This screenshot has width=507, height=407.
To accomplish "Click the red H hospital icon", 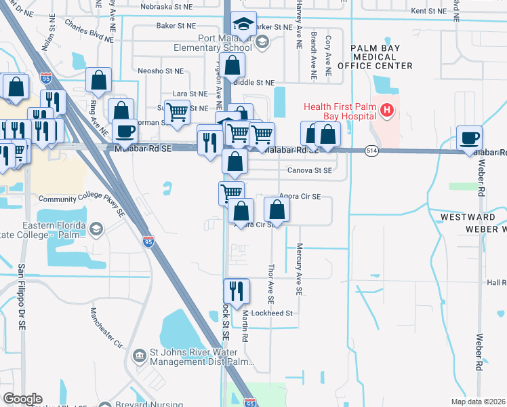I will coord(387,109).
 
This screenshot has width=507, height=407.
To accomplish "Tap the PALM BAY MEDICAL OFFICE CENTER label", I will coord(381,57).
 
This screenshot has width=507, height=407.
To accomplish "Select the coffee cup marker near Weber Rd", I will coord(469,138).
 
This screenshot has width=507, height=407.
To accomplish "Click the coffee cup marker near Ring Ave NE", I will coord(125,130).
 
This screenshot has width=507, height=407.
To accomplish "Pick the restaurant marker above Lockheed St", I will coord(232,291).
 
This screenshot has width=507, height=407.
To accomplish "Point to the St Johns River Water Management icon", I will coord(139,355).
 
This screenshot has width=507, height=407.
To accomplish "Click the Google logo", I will coord(22,399).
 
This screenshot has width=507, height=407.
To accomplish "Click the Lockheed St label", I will coord(271,313).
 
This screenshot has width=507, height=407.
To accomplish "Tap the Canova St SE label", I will coord(309,171).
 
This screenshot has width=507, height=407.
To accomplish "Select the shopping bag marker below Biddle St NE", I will coord(232,65).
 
